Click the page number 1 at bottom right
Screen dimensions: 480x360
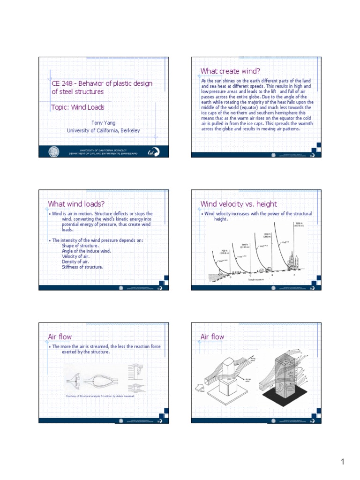point(343,462)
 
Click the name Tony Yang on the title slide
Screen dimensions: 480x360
point(103,122)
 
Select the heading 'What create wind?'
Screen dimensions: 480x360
point(230,71)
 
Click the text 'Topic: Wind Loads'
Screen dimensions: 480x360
point(78,107)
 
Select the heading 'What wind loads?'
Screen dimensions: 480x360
point(76,203)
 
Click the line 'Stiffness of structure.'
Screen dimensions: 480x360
point(82,267)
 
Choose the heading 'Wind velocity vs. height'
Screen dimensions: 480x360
point(239,203)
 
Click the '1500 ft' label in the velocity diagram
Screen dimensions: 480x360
point(299,224)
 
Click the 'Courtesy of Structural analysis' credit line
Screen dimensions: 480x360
point(100,396)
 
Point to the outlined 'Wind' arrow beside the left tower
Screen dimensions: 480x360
point(199,387)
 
